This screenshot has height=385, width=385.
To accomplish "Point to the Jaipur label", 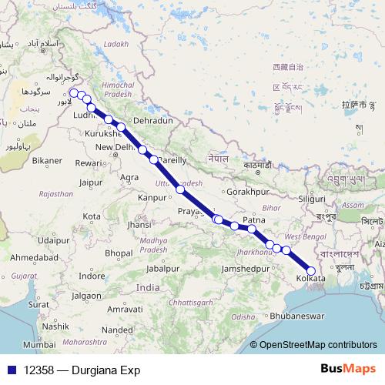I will click(x=91, y=182).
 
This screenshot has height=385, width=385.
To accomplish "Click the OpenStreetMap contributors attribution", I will click(x=317, y=345).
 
